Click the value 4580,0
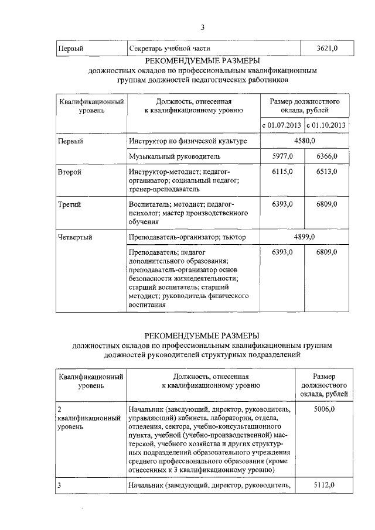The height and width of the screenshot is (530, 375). (x=304, y=141)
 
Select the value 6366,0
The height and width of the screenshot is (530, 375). (x=326, y=156)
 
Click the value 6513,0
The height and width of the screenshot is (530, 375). (x=326, y=172)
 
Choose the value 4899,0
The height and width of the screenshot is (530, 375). (x=304, y=237)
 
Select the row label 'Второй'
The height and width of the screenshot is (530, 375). (x=70, y=172)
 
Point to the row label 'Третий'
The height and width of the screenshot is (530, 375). (x=69, y=204)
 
